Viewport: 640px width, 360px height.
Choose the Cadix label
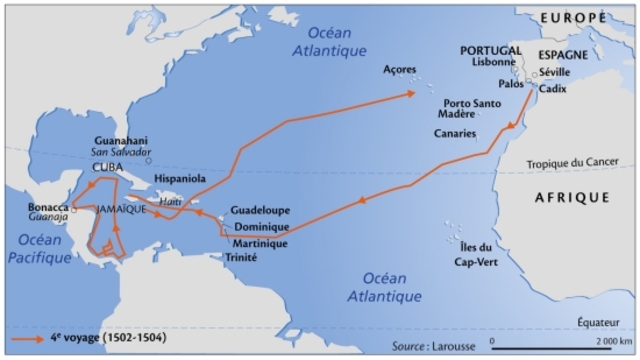(x=552, y=89)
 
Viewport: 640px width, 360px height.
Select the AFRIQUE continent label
(x=572, y=198)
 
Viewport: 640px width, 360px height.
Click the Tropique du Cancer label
(x=576, y=165)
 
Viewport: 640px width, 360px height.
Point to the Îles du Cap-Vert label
(x=471, y=254)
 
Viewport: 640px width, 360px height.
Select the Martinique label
(x=260, y=243)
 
